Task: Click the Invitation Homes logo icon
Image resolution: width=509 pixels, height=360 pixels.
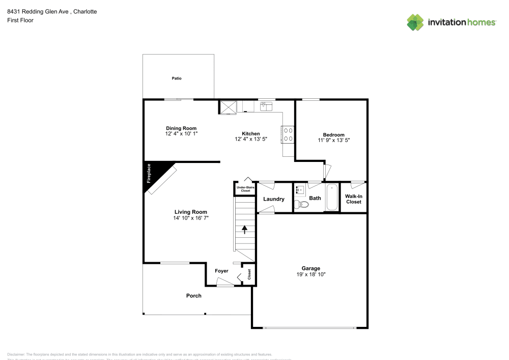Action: tap(415, 22)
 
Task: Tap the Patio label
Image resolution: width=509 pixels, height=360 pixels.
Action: tap(176, 78)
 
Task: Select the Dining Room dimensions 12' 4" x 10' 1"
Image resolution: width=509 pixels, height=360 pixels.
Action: tap(181, 134)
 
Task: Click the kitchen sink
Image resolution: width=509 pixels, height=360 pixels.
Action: tap(266, 106)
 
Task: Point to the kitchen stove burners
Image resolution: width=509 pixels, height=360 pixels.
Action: tap(288, 134)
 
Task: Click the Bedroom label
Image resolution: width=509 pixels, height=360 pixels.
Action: tap(333, 134)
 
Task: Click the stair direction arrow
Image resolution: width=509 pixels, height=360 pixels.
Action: tap(244, 229)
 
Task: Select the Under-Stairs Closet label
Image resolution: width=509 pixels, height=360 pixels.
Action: tap(244, 189)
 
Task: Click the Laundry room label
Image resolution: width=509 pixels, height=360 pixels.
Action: tap(273, 199)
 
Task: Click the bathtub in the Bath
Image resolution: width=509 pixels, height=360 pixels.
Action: tap(332, 197)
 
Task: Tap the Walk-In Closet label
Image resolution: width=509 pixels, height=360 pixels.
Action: tap(353, 199)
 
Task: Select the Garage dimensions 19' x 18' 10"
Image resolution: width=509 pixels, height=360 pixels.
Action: tap(310, 274)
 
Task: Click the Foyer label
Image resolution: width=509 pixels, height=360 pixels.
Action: tap(221, 271)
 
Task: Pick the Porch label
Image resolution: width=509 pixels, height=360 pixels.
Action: tap(193, 296)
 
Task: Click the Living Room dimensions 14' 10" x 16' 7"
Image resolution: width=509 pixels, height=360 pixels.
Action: tap(191, 217)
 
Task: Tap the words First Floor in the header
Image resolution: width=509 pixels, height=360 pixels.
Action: tap(20, 20)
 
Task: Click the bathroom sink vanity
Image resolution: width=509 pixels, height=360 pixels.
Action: tap(300, 191)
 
